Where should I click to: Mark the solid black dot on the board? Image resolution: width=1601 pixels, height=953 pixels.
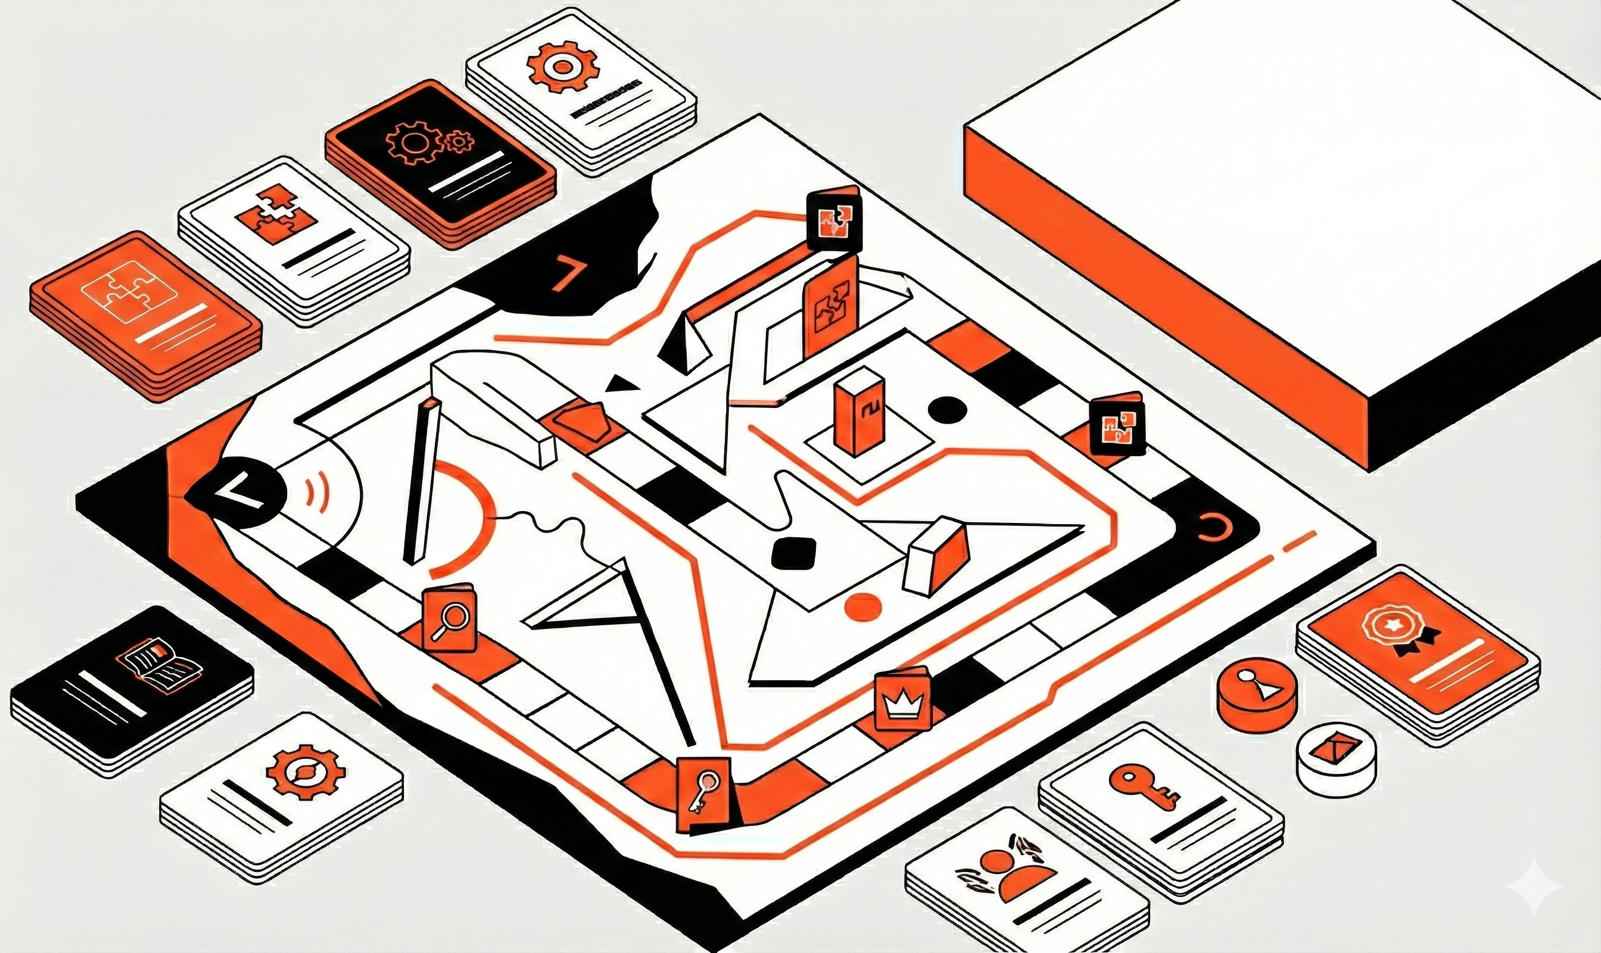coord(947,409)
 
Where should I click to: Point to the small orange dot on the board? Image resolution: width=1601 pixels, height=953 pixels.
coord(862,606)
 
